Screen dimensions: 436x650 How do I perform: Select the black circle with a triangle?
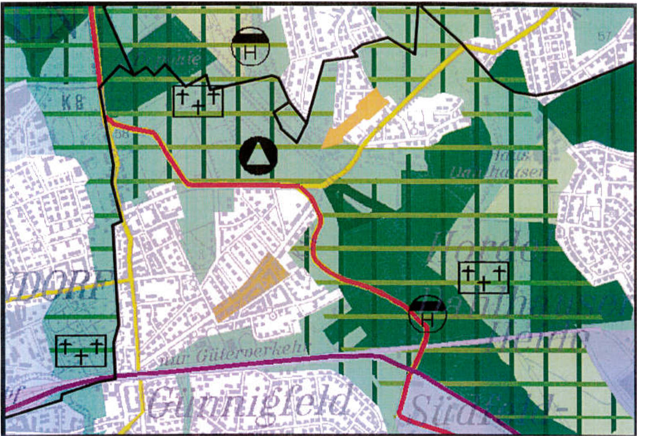(x=258, y=156)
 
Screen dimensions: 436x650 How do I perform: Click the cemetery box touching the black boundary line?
(x=198, y=101)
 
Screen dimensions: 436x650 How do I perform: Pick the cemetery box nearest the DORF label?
(x=81, y=351)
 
